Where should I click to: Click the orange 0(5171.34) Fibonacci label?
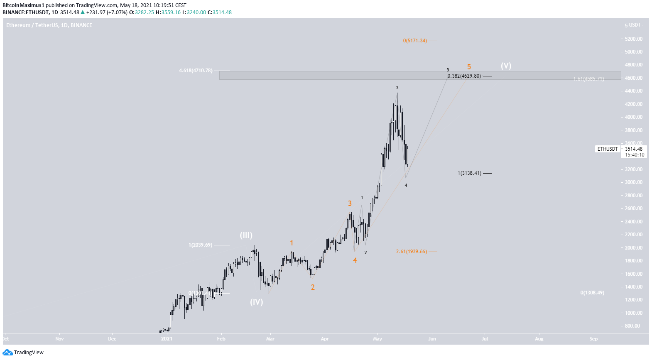click(414, 41)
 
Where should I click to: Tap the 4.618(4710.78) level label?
click(196, 71)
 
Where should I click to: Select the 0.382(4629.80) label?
click(464, 76)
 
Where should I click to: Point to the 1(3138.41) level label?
click(469, 173)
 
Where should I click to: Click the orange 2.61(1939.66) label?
click(411, 252)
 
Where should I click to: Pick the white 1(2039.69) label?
click(200, 245)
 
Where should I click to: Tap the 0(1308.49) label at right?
click(592, 293)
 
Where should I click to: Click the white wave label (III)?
click(246, 235)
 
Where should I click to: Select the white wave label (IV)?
click(256, 302)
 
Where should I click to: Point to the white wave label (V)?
click(506, 66)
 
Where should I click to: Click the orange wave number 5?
click(469, 67)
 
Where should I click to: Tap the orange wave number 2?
click(313, 287)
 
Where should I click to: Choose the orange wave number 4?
click(355, 260)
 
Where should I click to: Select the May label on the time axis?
click(377, 339)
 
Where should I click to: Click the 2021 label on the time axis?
click(167, 339)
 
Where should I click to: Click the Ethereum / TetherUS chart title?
click(49, 25)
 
